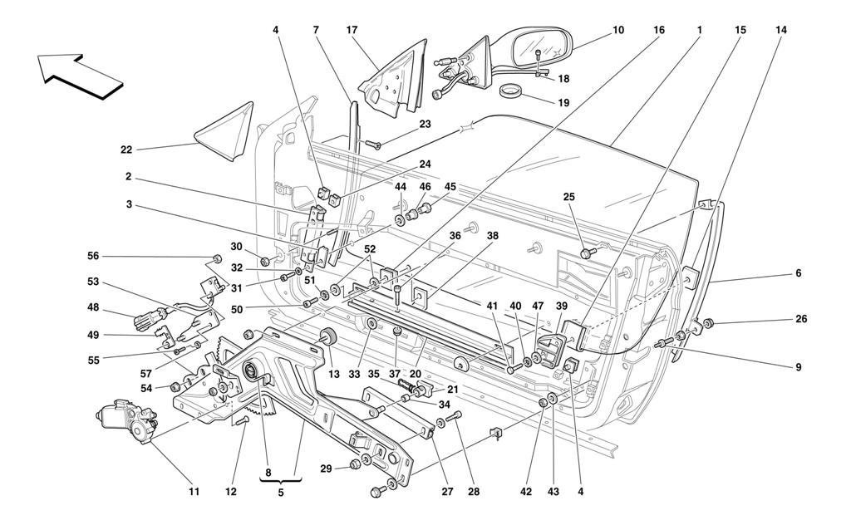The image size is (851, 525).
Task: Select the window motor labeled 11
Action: pos(127,419)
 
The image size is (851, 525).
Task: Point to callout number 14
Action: pos(780,31)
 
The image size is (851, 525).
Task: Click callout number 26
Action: pos(800,319)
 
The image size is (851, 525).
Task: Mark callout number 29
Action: pos(325,469)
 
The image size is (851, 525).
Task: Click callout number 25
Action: pos(568,197)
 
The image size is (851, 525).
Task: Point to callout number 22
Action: pos(125,150)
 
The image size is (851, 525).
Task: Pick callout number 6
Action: pos(798,273)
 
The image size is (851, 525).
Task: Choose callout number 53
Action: pos(93,282)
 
